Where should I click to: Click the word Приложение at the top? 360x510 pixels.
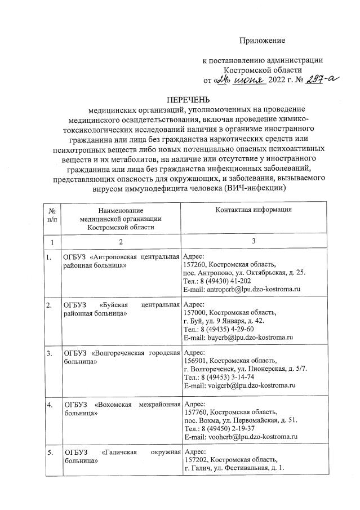click(263, 40)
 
